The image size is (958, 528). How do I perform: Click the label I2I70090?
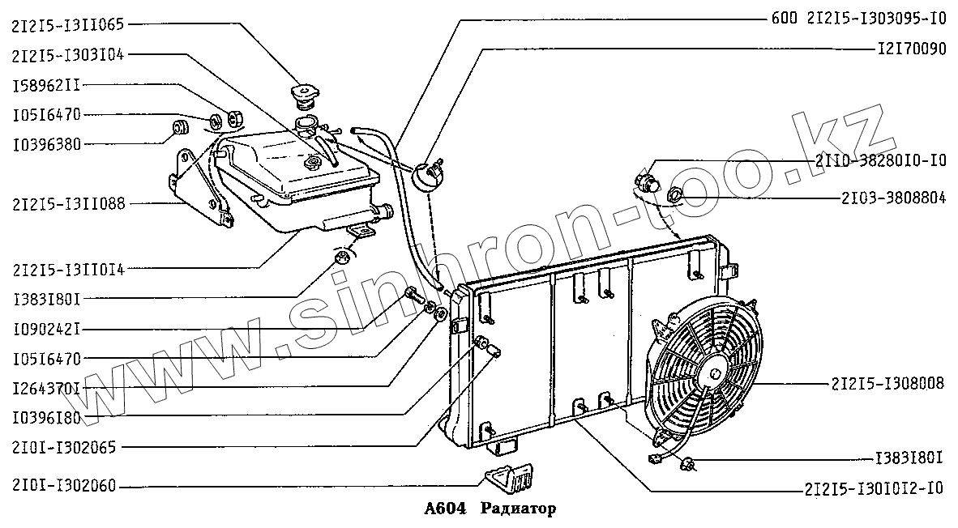(911, 49)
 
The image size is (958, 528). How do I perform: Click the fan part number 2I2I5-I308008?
(887, 383)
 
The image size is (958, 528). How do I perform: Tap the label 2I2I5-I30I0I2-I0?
(875, 488)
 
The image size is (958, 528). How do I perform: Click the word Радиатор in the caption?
(518, 509)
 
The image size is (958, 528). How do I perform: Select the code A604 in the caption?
(445, 509)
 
